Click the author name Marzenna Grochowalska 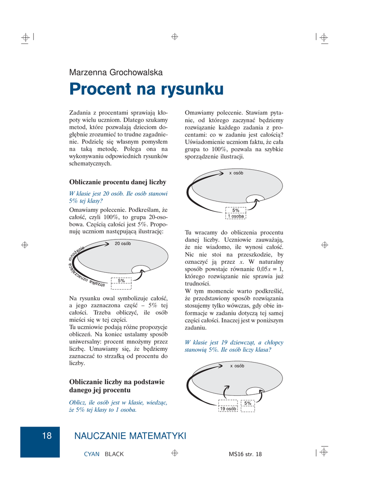[x=116, y=73]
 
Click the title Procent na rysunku [x=146, y=89]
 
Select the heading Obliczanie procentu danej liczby [x=117, y=181]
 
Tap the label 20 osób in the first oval [x=123, y=244]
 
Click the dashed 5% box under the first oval [x=121, y=281]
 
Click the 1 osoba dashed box [x=236, y=216]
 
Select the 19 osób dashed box [x=228, y=408]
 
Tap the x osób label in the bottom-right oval [x=237, y=366]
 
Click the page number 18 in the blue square [x=47, y=436]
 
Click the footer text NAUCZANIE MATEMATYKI [x=130, y=436]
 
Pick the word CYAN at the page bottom [x=91, y=454]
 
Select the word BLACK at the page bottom [x=114, y=454]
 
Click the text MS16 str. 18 [x=246, y=454]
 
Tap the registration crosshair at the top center [x=174, y=36]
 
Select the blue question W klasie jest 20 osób [x=119, y=196]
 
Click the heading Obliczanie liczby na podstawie [x=117, y=385]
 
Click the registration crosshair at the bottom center [x=174, y=453]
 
